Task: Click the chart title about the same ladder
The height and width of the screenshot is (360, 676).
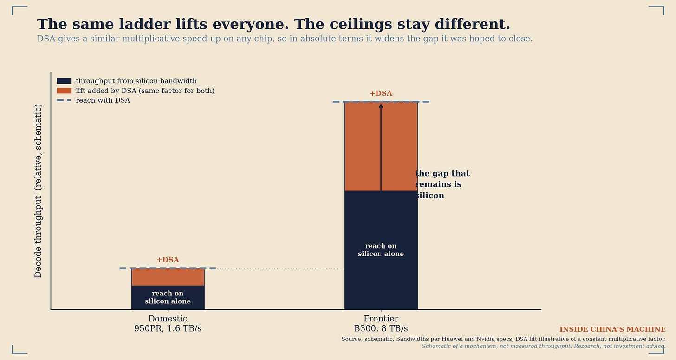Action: pyautogui.click(x=273, y=25)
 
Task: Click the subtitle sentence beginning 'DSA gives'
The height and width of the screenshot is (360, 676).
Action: pyautogui.click(x=285, y=39)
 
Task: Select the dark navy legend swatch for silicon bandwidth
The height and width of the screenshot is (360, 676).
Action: pyautogui.click(x=64, y=81)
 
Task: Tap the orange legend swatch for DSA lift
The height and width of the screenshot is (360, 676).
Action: pyautogui.click(x=64, y=91)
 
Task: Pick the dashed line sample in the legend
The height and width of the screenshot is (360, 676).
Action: pyautogui.click(x=64, y=100)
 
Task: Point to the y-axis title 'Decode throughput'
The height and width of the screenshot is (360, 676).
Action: pyautogui.click(x=38, y=191)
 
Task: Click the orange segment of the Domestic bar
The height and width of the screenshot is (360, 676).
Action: pyautogui.click(x=168, y=277)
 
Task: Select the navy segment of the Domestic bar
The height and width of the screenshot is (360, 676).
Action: pyautogui.click(x=168, y=297)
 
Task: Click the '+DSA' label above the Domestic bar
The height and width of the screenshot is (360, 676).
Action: pyautogui.click(x=168, y=260)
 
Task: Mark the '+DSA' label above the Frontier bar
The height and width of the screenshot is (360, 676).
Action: pyautogui.click(x=381, y=93)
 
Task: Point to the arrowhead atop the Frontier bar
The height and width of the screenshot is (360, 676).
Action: pyautogui.click(x=381, y=106)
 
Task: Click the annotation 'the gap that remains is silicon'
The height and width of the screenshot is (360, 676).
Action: pyautogui.click(x=442, y=184)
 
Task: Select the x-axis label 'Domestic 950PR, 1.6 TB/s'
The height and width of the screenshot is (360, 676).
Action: pyautogui.click(x=168, y=323)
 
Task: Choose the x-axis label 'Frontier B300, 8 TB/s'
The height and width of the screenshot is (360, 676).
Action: pyautogui.click(x=381, y=323)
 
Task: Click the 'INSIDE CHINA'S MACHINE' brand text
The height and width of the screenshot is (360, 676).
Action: pyautogui.click(x=612, y=329)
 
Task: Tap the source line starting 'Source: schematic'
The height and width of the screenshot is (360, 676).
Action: pyautogui.click(x=503, y=339)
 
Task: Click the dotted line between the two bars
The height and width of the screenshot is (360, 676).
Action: pyautogui.click(x=280, y=268)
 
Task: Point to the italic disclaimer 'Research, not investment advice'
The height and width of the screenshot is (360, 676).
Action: pyautogui.click(x=619, y=346)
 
